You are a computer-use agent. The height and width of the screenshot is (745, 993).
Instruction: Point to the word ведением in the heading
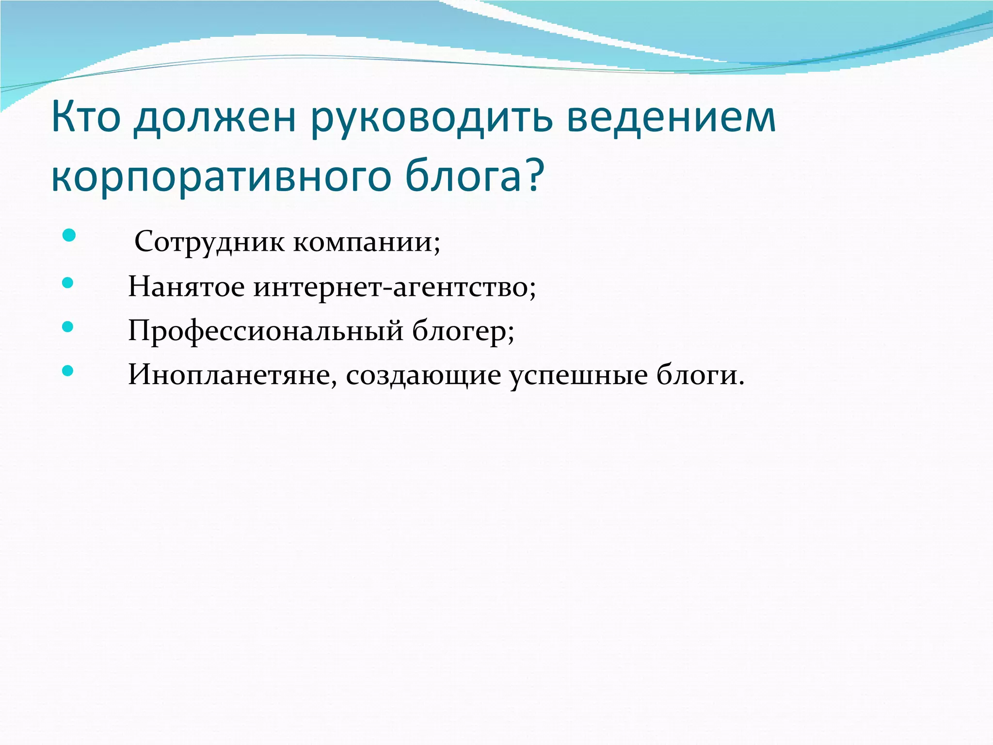(x=671, y=118)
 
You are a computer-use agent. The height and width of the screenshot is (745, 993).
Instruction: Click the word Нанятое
(x=186, y=287)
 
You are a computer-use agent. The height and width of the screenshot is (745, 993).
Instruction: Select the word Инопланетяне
(x=228, y=374)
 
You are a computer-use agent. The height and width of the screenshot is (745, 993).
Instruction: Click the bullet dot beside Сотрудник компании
(x=69, y=235)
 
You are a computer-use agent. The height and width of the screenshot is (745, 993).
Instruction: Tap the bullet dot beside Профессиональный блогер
(x=68, y=326)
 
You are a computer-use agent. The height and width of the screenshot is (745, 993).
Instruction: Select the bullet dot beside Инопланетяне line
(x=68, y=371)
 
